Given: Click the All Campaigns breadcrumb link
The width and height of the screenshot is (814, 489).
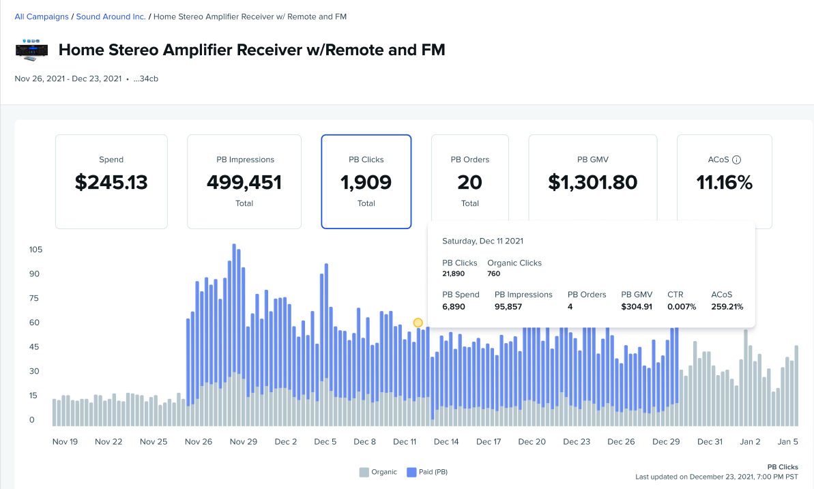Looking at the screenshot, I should pos(42,16).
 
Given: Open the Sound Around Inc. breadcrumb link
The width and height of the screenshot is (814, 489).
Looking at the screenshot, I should pos(111,16).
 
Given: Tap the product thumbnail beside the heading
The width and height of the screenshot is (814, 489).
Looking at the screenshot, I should pos(31,50).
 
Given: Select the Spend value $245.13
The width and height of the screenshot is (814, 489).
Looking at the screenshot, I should pos(111,182).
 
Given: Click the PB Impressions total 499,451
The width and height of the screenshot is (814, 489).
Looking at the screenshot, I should pos(244,182).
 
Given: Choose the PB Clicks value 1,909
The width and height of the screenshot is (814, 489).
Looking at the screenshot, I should pos(366,182).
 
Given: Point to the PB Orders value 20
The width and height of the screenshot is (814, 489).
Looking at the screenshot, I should pos(470,182).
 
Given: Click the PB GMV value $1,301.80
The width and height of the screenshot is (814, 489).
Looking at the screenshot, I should pos(593,182).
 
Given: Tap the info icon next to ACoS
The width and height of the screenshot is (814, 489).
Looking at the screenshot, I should pos(737,160).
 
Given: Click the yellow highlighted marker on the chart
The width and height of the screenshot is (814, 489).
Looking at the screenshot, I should pos(418,323).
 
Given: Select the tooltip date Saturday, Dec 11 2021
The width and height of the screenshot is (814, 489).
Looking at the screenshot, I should pos(482,241).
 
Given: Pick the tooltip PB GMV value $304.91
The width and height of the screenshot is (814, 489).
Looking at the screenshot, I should pos(637,307).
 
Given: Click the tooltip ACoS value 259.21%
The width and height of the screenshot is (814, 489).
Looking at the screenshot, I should pos(727,307).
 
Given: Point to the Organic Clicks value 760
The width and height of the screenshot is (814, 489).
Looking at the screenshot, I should pos(494,273).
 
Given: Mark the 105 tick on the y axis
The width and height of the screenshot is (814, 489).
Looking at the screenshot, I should pos(35,250).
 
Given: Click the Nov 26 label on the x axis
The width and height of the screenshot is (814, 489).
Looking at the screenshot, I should pos(198,442).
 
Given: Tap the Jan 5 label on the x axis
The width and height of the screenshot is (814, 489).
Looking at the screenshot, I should pos(788,442).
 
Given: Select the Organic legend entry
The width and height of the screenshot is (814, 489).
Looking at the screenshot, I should pos(378,472).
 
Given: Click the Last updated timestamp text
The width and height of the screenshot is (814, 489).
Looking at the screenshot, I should pos(716,477).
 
